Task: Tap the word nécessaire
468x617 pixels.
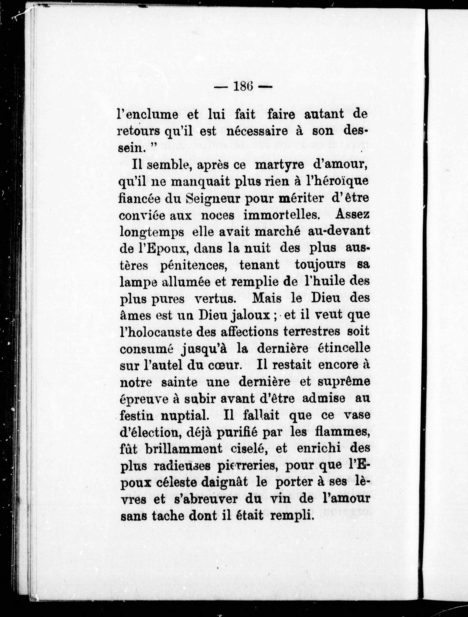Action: (x=257, y=131)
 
